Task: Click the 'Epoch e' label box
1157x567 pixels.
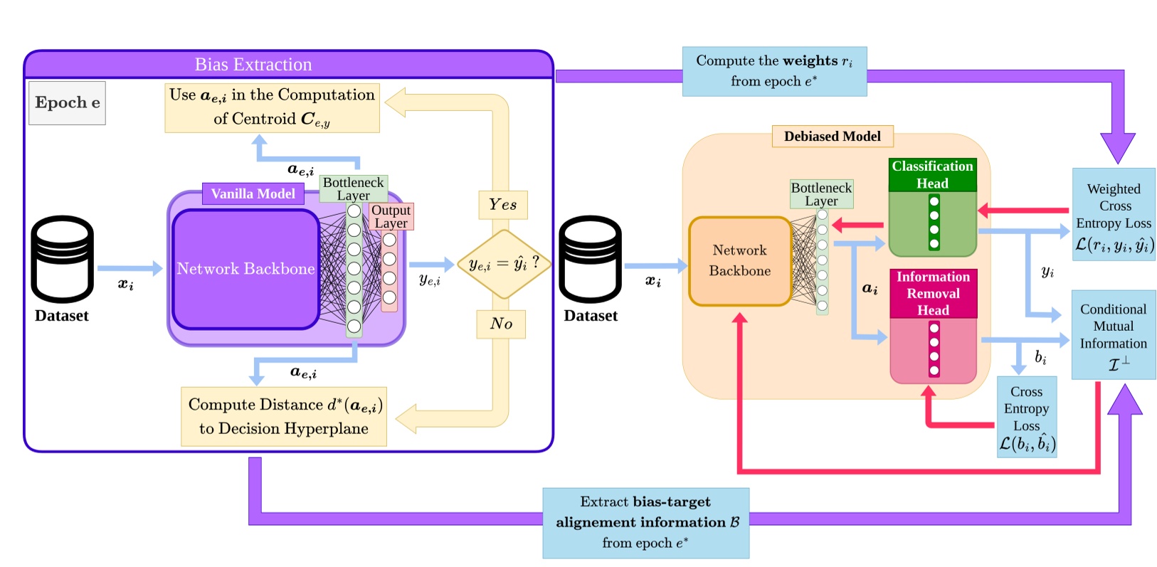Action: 67,102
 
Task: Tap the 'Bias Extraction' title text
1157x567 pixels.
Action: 253,64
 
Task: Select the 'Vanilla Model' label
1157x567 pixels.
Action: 253,194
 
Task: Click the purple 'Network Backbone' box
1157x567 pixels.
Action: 245,269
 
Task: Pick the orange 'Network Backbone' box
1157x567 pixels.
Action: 739,261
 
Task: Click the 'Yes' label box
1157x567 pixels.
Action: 502,205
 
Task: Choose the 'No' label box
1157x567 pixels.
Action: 501,324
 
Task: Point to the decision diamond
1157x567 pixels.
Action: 503,264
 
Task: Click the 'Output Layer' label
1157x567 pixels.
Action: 391,216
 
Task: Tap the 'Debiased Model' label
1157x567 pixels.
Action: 832,136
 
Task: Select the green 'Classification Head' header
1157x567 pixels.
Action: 932,174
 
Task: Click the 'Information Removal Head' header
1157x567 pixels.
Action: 933,293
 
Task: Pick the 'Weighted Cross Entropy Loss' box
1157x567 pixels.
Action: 1114,214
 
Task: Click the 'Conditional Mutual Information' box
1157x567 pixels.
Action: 1113,334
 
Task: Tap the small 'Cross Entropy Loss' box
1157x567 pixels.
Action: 1026,417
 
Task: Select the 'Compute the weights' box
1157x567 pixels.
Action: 774,71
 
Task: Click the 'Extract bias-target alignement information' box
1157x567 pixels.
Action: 645,522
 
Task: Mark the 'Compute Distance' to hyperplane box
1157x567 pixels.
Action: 284,416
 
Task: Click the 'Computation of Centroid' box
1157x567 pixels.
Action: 272,107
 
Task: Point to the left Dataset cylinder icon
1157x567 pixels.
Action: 62,260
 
